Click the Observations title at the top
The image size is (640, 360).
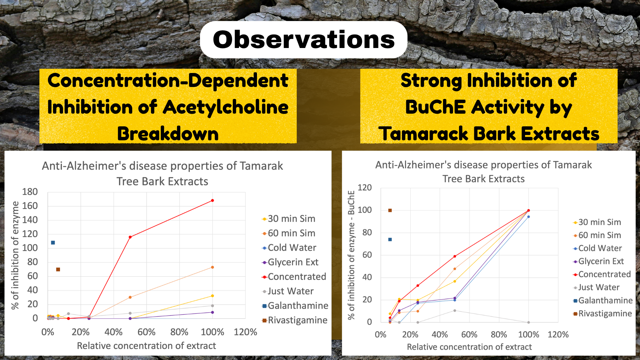[304, 40]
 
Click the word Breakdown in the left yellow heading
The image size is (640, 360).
[168, 134]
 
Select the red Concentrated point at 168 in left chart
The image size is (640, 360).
[212, 200]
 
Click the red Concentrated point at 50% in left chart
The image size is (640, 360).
[130, 237]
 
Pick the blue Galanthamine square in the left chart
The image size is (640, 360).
[53, 243]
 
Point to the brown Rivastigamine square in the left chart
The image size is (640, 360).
[58, 269]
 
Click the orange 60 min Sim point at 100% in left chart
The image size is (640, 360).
[212, 267]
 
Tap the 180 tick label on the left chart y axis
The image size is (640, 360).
[30, 192]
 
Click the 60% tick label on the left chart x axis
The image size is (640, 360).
[146, 332]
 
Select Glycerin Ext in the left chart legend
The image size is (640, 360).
[293, 262]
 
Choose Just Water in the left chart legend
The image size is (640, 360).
[291, 291]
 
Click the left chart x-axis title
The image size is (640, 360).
[146, 346]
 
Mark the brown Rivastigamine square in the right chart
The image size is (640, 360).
[390, 210]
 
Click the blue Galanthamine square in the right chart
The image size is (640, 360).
[390, 239]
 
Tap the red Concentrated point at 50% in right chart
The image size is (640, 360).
[455, 256]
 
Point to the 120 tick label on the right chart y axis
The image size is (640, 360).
[365, 188]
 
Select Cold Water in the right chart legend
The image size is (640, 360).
[600, 248]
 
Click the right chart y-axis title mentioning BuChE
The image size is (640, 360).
[351, 255]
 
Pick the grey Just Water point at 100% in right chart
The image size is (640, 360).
[529, 322]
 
